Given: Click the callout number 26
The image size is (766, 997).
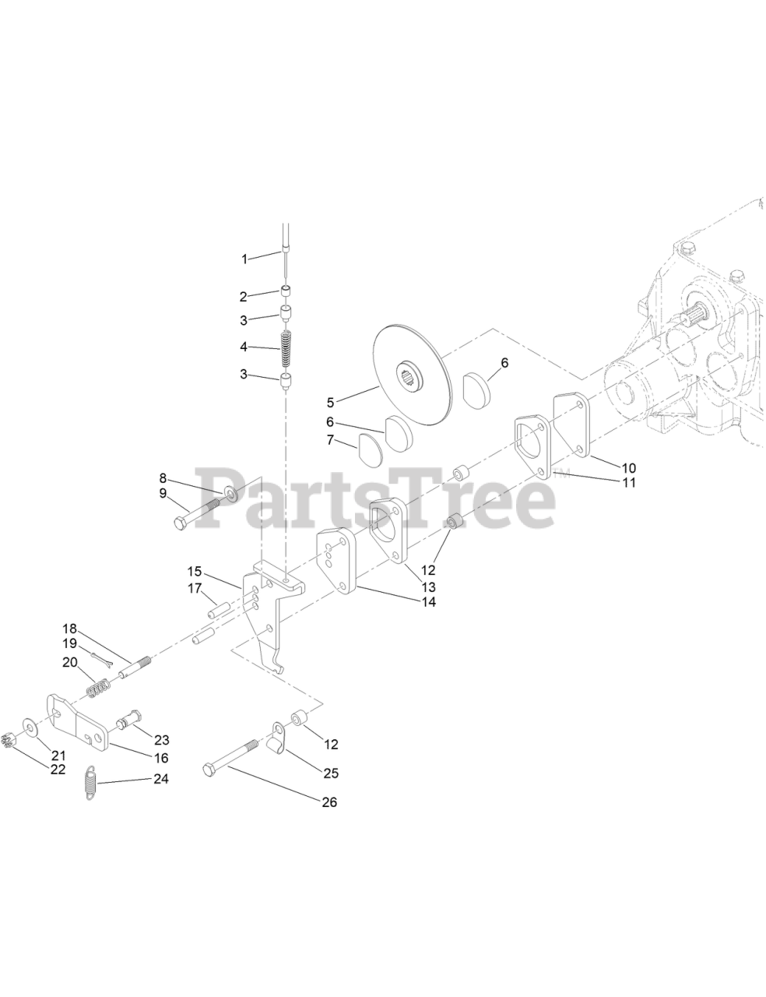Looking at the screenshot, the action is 329,802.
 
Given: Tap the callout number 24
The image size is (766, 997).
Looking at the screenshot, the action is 160,779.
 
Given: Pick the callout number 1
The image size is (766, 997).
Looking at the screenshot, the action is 244,258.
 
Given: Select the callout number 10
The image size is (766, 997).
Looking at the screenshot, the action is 628,467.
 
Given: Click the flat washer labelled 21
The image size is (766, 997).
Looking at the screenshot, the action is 30,727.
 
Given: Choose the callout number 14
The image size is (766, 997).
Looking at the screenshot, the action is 428,601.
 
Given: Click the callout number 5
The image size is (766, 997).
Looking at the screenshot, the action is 330,403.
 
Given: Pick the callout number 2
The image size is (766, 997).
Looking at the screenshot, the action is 243,296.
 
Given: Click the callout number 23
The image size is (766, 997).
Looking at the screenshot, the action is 161,740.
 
